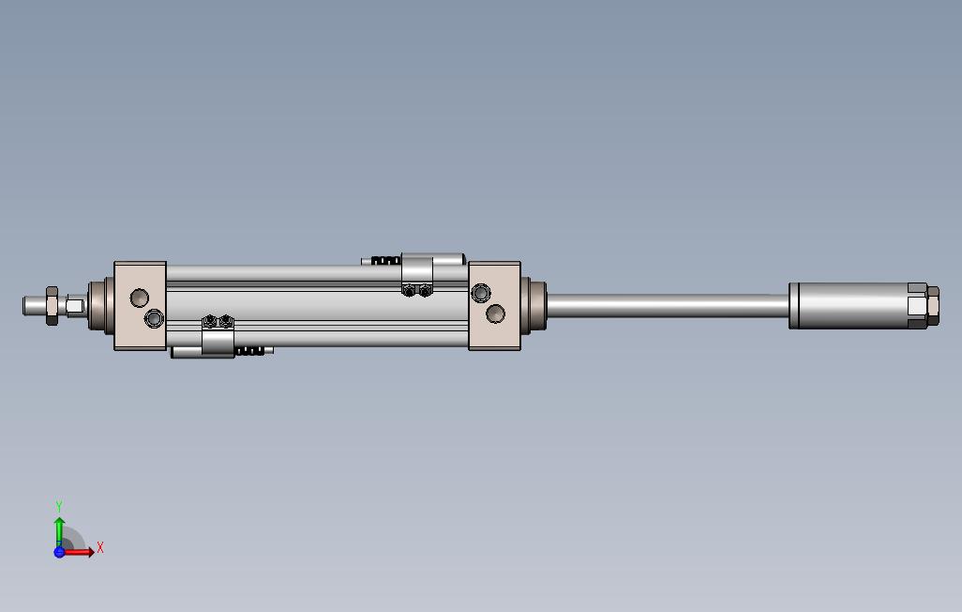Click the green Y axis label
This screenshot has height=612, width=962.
(x=59, y=507)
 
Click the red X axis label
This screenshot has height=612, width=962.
(x=100, y=547)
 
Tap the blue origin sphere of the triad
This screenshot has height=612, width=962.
(x=59, y=552)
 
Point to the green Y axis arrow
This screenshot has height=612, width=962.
(x=59, y=529)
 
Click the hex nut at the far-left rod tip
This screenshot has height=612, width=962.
(x=52, y=306)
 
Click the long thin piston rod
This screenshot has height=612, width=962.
(x=666, y=305)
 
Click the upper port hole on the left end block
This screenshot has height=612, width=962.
(x=139, y=298)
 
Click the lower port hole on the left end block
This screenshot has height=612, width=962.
(x=154, y=320)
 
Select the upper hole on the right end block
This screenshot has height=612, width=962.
(x=481, y=293)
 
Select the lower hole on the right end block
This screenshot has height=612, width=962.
(x=496, y=314)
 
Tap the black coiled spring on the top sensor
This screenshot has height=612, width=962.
(x=385, y=261)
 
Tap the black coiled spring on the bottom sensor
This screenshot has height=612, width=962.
(x=248, y=351)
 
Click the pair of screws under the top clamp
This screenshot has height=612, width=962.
(x=416, y=290)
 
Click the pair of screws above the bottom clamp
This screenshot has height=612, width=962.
(x=218, y=322)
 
